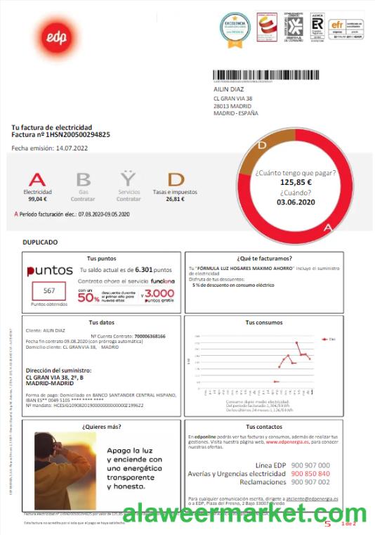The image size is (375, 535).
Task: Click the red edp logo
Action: coord(48,39)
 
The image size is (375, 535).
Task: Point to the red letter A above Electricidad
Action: coord(37,180)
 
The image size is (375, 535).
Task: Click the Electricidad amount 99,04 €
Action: coord(37,199)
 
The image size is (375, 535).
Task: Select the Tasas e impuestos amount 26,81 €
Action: coord(175,199)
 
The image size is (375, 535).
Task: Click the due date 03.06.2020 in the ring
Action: coord(296,202)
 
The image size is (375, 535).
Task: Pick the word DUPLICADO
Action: coord(40,242)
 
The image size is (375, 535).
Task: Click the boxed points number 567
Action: coord(49,290)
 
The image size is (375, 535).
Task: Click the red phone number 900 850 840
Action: coord(310,473)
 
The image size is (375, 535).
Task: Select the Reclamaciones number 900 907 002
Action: coord(310,482)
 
